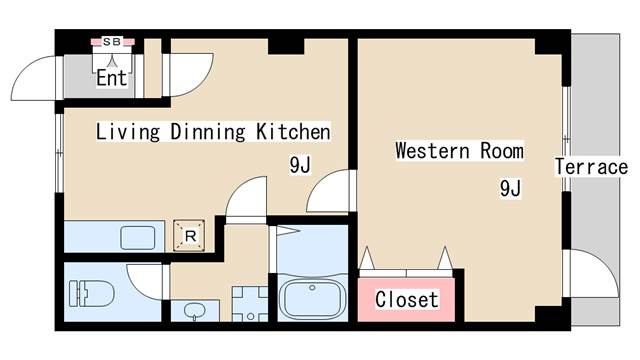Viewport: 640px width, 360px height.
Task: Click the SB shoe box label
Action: click(x=111, y=41)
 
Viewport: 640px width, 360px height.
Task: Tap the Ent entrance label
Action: click(x=111, y=77)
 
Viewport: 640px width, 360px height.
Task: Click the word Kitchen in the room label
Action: click(x=293, y=131)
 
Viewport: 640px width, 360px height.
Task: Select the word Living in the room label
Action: click(x=128, y=132)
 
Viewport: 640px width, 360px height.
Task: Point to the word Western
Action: click(x=432, y=150)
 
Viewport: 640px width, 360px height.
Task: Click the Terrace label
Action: click(x=591, y=167)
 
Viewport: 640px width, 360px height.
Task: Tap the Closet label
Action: click(x=407, y=300)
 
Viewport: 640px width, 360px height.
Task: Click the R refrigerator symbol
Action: click(x=189, y=236)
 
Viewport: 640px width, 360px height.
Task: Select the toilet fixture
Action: click(x=91, y=293)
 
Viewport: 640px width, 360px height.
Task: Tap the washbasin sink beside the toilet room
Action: click(x=193, y=312)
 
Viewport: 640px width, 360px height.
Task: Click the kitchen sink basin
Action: click(x=138, y=237)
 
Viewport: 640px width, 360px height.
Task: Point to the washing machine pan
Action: click(x=250, y=304)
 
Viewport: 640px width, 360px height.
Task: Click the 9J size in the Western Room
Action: click(x=510, y=188)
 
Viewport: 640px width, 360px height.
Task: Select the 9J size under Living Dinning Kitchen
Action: click(x=300, y=164)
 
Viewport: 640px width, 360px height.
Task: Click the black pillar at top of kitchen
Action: click(x=286, y=46)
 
